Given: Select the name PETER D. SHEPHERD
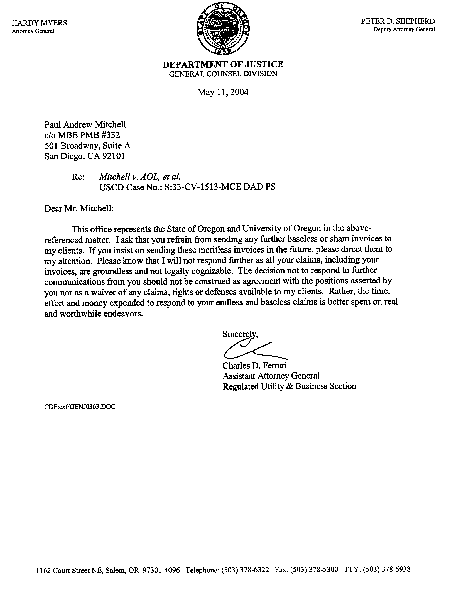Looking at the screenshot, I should (x=398, y=21).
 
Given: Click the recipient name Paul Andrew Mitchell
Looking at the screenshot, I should (x=85, y=124).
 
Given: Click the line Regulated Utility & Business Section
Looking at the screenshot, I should (x=289, y=386).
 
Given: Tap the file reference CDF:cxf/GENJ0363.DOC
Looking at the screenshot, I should (x=80, y=407).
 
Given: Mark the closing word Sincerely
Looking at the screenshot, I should (x=240, y=334).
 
